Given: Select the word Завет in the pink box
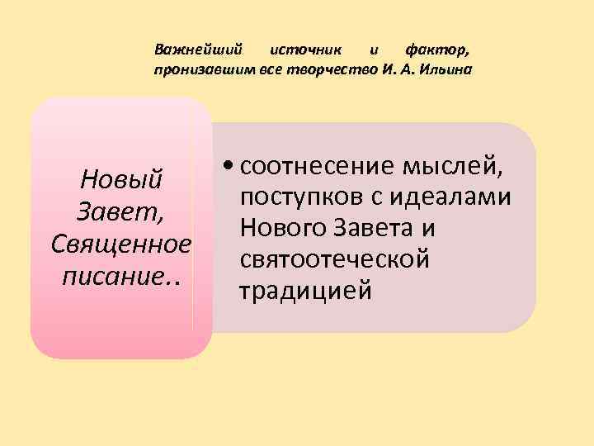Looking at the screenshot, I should coord(120,212).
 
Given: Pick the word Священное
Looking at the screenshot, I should coord(121,244).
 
